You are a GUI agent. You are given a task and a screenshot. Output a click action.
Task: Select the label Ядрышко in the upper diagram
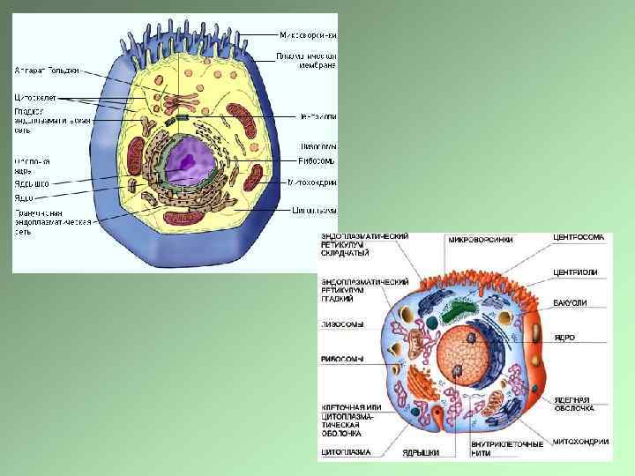[x=32, y=183]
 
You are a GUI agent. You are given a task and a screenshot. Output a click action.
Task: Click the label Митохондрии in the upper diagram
[x=314, y=183]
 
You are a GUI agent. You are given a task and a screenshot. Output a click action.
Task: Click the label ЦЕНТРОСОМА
[x=579, y=238]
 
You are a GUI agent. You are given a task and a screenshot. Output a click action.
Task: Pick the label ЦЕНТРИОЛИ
[x=575, y=272]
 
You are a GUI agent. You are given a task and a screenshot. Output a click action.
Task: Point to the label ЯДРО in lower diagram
[x=565, y=338]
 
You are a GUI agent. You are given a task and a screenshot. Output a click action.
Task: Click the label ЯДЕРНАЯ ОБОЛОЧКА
[x=574, y=404]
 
